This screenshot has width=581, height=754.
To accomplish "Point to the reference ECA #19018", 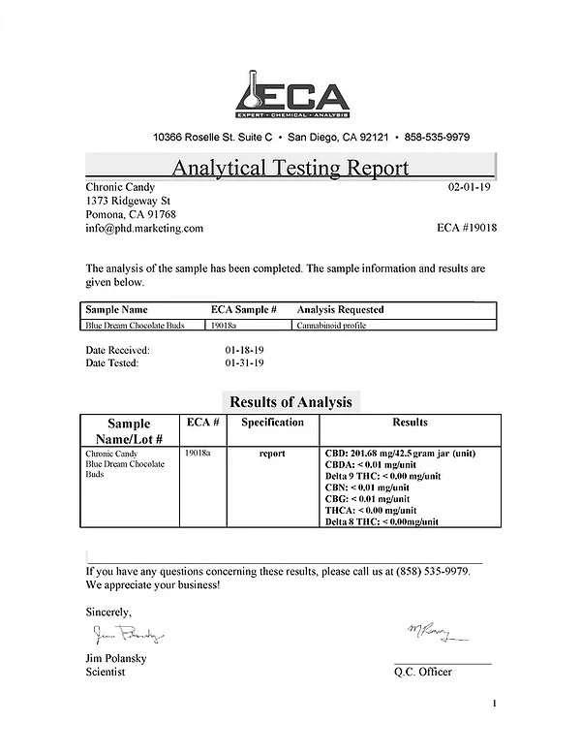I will click(468, 228).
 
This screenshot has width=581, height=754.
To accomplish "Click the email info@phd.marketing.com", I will click(144, 228).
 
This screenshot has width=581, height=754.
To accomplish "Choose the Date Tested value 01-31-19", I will click(244, 363).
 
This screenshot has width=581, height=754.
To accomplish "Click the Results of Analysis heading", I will click(290, 401).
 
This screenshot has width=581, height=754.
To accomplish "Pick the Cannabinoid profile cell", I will click(331, 327).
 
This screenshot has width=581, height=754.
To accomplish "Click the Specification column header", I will click(272, 423).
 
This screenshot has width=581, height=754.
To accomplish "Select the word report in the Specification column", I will click(272, 454).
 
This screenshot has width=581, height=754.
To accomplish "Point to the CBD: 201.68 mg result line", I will click(399, 454).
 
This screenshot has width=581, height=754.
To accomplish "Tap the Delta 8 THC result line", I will click(383, 521).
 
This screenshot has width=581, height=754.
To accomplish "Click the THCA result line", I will click(371, 511).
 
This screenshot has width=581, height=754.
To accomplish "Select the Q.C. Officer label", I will click(423, 672).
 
